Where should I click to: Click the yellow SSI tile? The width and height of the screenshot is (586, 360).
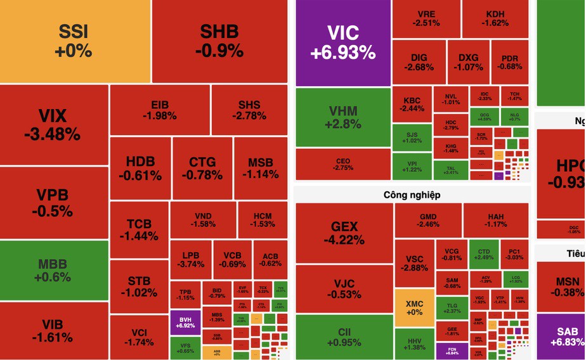click(75, 41)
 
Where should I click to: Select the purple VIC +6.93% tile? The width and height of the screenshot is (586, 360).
click(342, 42)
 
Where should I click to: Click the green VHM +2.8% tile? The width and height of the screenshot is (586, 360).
click(342, 117)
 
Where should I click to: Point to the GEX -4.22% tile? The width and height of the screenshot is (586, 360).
click(344, 233)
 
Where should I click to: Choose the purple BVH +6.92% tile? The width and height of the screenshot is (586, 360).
click(185, 322)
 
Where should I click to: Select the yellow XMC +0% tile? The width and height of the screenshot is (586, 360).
click(413, 307)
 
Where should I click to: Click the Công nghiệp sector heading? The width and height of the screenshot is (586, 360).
click(412, 195)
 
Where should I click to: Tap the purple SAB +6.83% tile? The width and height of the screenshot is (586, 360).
click(561, 337)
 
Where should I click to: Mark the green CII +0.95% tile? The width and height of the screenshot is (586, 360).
click(344, 337)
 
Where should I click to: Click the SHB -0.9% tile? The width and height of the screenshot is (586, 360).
click(219, 41)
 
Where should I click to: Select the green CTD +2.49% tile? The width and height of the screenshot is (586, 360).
click(484, 254)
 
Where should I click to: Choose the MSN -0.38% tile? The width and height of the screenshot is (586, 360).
click(561, 286)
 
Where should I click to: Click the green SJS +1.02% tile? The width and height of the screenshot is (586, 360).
click(412, 137)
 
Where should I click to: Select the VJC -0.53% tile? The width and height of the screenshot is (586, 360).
click(344, 289)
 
